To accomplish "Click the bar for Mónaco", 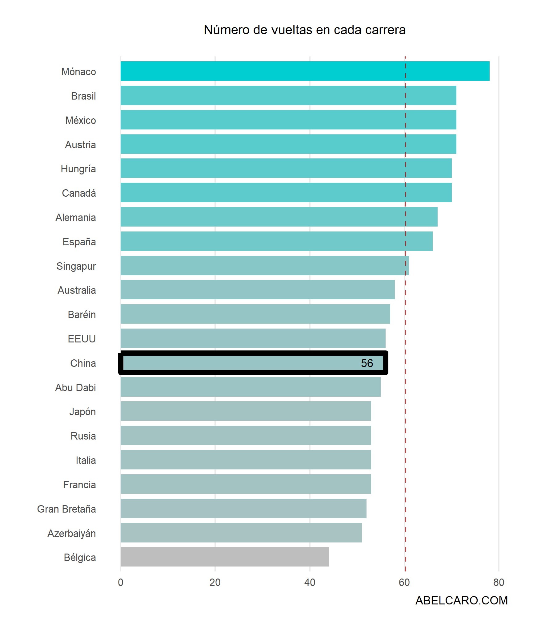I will pyautogui.click(x=305, y=71).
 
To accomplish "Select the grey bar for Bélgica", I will pyautogui.click(x=224, y=557).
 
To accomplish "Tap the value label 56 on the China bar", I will pyautogui.click(x=367, y=363).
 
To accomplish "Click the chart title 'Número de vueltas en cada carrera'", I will pyautogui.click(x=305, y=30).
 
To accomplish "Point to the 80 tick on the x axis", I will pyautogui.click(x=499, y=582).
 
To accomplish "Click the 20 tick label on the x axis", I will pyautogui.click(x=215, y=582).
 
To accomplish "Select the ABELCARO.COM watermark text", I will pyautogui.click(x=461, y=600).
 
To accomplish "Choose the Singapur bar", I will pyautogui.click(x=265, y=265).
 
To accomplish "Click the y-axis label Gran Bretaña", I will pyautogui.click(x=66, y=509).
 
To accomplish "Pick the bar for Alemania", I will pyautogui.click(x=279, y=217).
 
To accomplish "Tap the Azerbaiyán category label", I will pyautogui.click(x=71, y=533).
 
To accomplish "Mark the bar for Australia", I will pyautogui.click(x=258, y=289).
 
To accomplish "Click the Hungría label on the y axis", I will pyautogui.click(x=78, y=169).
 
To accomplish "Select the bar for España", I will pyautogui.click(x=276, y=241).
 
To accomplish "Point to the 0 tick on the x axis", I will pyautogui.click(x=121, y=582).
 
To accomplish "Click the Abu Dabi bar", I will pyautogui.click(x=250, y=387).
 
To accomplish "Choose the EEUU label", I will pyautogui.click(x=82, y=339).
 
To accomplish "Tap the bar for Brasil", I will pyautogui.click(x=288, y=95).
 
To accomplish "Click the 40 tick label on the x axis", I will pyautogui.click(x=310, y=582).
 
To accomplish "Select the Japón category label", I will pyautogui.click(x=82, y=412).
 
